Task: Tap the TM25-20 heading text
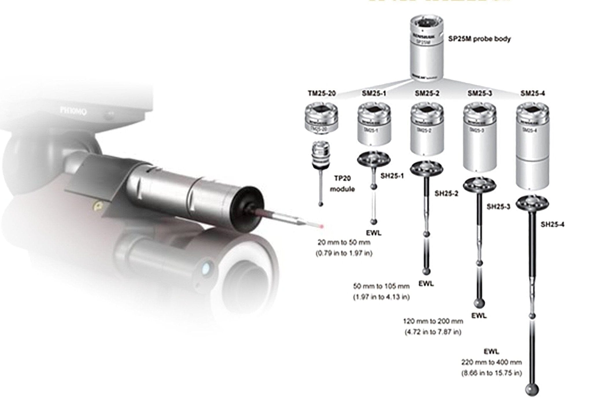[321, 93]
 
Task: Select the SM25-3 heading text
[480, 93]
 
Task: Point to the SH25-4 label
[552, 224]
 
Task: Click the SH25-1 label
[392, 176]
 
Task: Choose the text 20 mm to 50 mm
[344, 242]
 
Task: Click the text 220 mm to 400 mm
[491, 362]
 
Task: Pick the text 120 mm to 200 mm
[433, 321]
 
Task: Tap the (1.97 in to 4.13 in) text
[381, 297]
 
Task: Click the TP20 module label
[342, 184]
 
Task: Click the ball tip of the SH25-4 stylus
[532, 389]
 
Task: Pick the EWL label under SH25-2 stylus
[426, 284]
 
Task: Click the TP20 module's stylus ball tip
[321, 204]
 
